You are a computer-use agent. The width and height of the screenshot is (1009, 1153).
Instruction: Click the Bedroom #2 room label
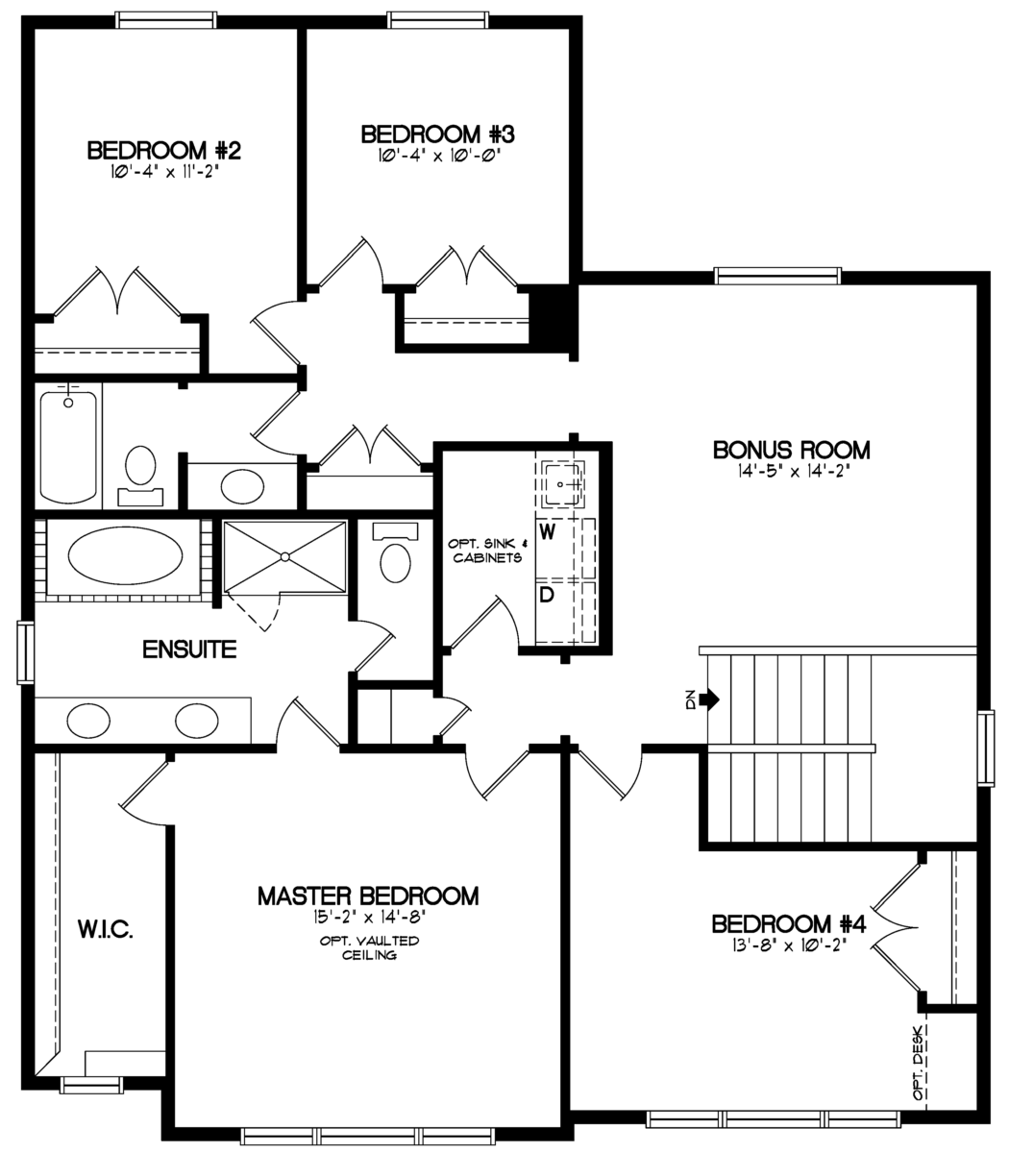tap(163, 151)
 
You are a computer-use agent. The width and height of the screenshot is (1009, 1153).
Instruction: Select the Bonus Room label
tap(791, 450)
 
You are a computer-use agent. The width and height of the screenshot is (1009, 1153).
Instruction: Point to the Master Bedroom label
tap(368, 895)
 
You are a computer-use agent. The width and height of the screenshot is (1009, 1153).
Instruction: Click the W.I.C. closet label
tap(104, 929)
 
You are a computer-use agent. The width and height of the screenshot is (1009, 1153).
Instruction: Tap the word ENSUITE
tap(189, 650)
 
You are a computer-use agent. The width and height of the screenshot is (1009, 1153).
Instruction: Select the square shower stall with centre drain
tap(284, 556)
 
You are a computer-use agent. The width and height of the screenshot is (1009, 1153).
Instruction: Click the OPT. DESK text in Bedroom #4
tap(920, 1063)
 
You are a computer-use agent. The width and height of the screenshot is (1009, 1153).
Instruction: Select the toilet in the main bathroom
tap(140, 469)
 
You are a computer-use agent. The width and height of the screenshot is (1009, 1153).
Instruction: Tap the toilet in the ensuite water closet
tap(394, 558)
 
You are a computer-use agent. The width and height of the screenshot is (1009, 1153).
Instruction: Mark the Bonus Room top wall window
tap(776, 276)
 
